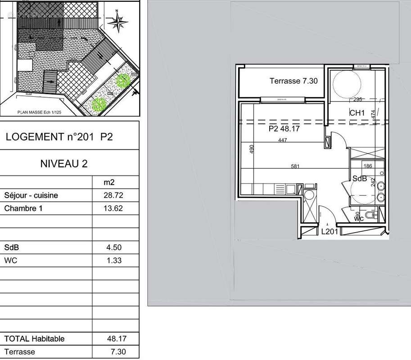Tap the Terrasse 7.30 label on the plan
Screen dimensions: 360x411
coord(294,81)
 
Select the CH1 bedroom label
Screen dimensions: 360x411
coord(357,113)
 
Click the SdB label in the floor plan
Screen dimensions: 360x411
coord(360,179)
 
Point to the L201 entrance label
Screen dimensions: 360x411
coord(329,232)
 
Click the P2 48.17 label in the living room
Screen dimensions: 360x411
coord(284,129)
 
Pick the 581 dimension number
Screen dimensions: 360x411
coord(295,166)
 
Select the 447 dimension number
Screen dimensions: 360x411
coord(282,140)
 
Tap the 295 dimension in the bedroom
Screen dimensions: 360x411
coord(357,99)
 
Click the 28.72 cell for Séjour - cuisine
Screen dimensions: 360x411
coord(113,196)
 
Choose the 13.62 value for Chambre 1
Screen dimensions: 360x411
coord(113,208)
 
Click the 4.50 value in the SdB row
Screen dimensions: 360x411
coord(113,247)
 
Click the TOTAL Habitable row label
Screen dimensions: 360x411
coord(34,339)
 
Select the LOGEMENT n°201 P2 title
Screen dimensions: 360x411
coord(59,137)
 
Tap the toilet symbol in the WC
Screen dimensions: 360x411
coord(371,216)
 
